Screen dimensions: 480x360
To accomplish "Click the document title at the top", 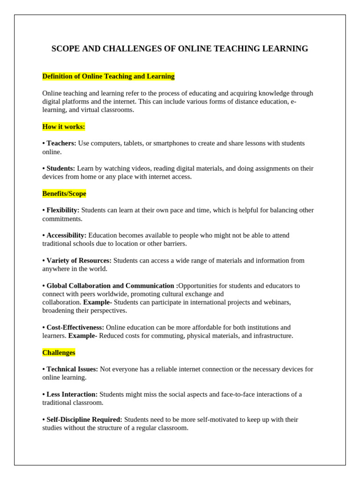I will tap(180, 49).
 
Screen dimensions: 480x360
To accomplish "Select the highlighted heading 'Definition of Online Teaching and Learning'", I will tap(108, 76).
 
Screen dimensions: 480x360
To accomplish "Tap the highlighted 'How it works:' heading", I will tap(64, 127).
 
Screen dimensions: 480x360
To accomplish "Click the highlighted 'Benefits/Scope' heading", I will tap(64, 194).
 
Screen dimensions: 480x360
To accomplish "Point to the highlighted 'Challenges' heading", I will tap(59, 352).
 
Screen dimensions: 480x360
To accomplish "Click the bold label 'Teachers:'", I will tap(61, 143).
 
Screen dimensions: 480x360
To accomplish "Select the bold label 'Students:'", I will tap(60, 168).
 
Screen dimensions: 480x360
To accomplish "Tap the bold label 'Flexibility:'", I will tap(63, 210).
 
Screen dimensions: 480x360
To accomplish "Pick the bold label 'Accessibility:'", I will tap(66, 235).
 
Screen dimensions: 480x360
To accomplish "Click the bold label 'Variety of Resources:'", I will tap(79, 261).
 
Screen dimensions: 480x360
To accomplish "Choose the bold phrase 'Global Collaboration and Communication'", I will tap(110, 285).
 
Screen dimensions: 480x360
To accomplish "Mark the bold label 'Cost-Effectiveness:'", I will tap(75, 327).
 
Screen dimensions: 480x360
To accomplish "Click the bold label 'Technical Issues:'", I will tap(72, 369).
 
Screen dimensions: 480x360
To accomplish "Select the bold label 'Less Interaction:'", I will tap(72, 394).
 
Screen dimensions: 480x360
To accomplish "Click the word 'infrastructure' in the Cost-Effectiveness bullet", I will tap(271, 336).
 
